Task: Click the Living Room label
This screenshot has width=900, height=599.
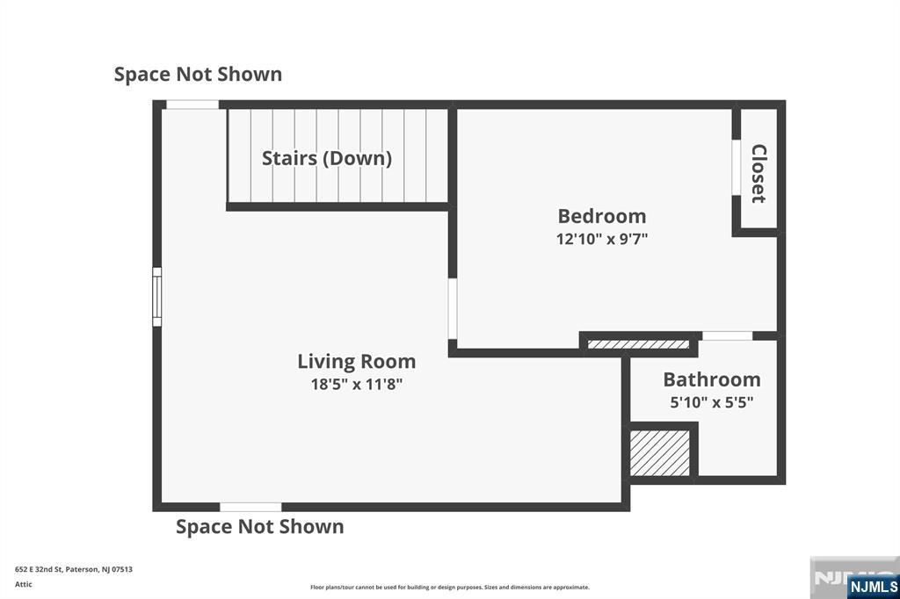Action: (x=357, y=362)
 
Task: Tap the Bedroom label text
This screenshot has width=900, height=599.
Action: (x=602, y=216)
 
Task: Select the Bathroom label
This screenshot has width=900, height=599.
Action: (x=712, y=379)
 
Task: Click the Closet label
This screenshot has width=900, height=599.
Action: (x=758, y=173)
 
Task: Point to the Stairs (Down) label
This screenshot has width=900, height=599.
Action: (x=327, y=158)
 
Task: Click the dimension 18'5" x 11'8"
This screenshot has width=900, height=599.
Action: (x=357, y=384)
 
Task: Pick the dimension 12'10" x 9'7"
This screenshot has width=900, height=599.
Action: (x=602, y=239)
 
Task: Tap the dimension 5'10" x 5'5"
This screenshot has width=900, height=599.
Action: (x=712, y=402)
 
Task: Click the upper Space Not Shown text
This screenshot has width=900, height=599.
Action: (x=198, y=74)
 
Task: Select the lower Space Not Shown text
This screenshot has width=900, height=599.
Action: (x=260, y=527)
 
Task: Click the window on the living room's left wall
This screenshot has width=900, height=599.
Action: (x=156, y=297)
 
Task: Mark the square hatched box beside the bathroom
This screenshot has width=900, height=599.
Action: (x=660, y=453)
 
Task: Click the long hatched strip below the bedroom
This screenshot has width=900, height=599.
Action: (x=638, y=344)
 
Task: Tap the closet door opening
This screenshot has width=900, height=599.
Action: (x=736, y=167)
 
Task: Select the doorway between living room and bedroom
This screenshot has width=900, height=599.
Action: (x=453, y=308)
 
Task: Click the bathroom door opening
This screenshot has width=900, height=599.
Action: (x=727, y=336)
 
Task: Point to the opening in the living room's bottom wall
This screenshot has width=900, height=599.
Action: (x=250, y=507)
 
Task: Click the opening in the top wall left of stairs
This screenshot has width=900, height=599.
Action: (x=192, y=105)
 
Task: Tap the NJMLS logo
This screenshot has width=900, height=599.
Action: (x=873, y=587)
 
